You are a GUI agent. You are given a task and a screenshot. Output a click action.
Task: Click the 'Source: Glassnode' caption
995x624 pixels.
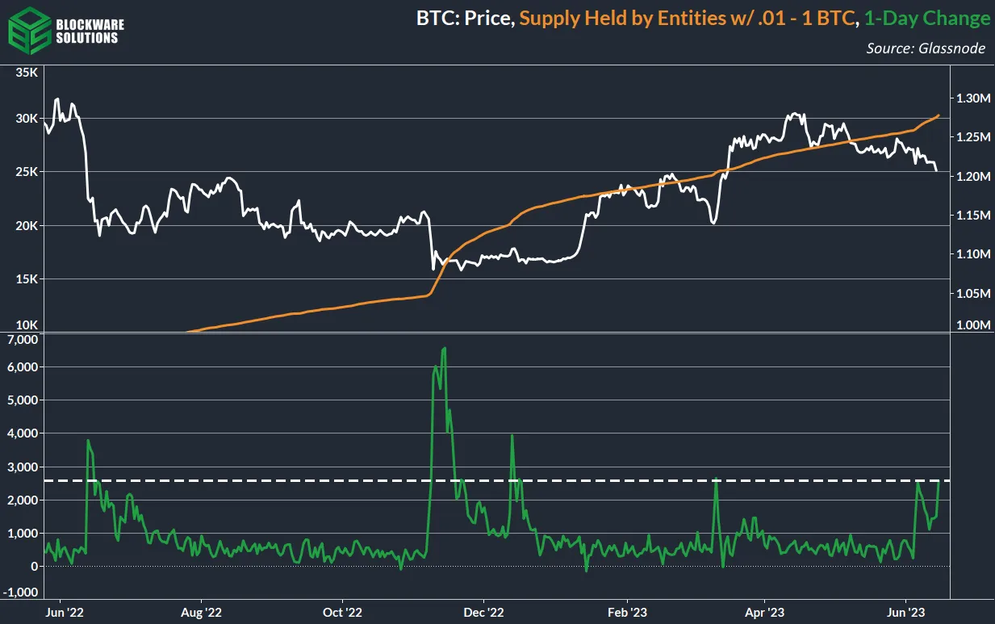(x=926, y=48)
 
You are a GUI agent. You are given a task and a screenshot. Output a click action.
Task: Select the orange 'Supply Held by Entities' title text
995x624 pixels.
(x=688, y=18)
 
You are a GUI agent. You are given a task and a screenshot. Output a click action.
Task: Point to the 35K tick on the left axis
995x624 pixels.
(x=27, y=73)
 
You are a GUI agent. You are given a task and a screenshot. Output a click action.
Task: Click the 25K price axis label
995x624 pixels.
(x=27, y=172)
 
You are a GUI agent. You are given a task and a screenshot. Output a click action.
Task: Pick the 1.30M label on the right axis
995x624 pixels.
(x=972, y=98)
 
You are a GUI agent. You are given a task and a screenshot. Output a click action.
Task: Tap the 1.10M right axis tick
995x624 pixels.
(x=972, y=254)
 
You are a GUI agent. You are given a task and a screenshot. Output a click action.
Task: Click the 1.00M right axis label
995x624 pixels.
(x=972, y=325)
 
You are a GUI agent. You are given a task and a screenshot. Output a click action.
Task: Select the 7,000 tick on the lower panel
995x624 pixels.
(x=23, y=340)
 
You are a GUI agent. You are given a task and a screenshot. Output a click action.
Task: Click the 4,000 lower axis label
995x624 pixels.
(x=23, y=433)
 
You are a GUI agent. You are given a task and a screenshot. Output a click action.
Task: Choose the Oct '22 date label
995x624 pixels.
(x=342, y=612)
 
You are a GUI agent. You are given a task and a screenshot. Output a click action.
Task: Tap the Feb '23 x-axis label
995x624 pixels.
(x=627, y=612)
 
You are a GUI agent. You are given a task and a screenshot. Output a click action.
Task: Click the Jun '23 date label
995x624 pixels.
(x=906, y=612)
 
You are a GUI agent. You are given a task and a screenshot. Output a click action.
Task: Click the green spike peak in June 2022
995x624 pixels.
(x=87, y=441)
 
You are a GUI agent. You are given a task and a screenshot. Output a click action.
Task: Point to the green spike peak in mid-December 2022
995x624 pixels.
(x=512, y=436)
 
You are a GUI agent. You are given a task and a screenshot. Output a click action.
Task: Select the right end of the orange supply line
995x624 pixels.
(x=939, y=115)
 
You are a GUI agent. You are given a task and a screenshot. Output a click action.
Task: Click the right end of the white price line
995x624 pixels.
(x=937, y=170)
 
